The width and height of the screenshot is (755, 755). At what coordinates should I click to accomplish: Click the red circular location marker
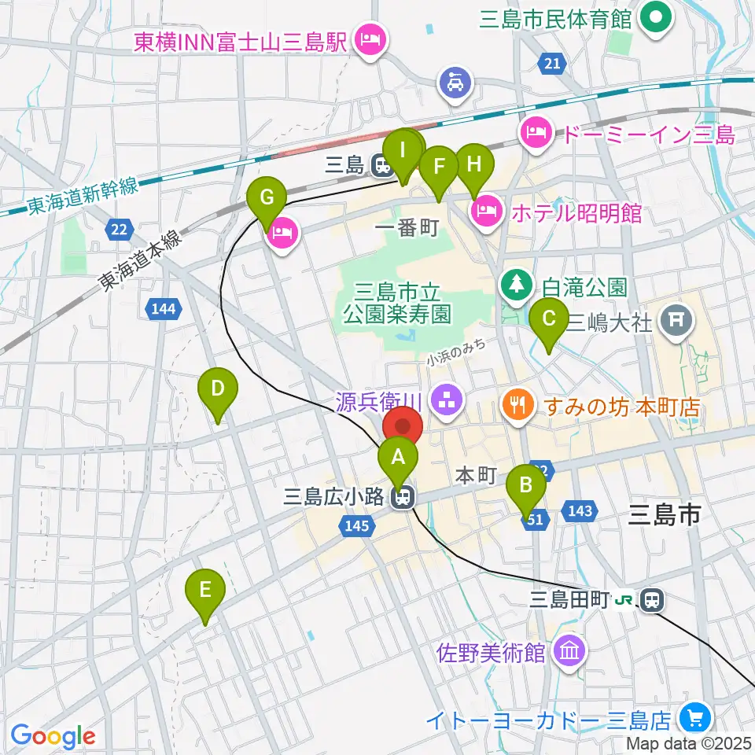point(403,427)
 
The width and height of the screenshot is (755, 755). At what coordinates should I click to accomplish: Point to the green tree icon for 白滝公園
point(517,282)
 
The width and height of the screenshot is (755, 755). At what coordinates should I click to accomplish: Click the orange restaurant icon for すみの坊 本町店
point(517,407)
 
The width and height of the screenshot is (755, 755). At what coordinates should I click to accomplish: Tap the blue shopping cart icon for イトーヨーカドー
point(694,717)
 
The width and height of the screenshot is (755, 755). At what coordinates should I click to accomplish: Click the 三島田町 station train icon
point(651,601)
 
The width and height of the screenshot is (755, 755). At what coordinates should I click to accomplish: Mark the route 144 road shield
point(163,309)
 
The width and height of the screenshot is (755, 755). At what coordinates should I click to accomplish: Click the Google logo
point(53,736)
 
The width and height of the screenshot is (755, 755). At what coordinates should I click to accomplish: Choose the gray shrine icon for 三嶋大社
point(675,319)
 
